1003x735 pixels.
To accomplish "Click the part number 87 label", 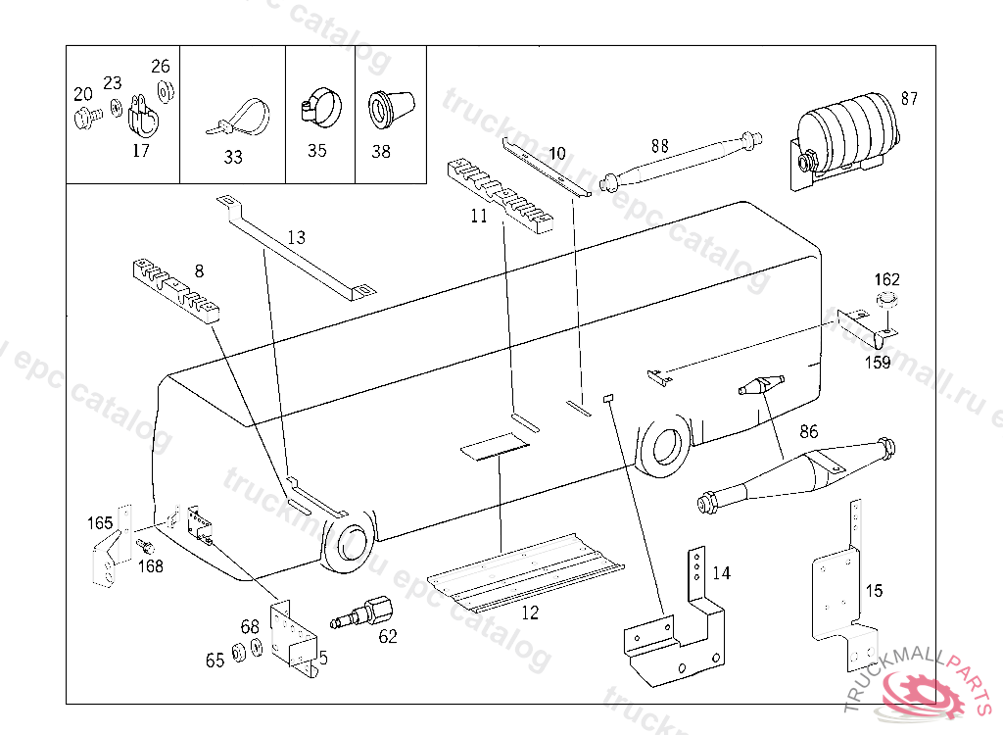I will click(x=910, y=98).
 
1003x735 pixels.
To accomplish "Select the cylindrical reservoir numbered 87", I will click(x=847, y=132).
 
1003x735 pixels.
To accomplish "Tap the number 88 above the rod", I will click(x=660, y=145).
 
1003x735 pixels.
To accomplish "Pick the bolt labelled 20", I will click(x=83, y=118).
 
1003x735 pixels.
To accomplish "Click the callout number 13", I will click(x=296, y=237).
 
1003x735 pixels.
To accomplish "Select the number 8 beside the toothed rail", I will click(x=199, y=270).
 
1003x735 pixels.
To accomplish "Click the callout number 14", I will click(x=721, y=573).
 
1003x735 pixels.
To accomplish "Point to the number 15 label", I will click(x=874, y=591).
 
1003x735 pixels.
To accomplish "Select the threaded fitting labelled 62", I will click(x=367, y=616).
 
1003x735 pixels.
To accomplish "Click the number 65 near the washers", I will click(x=215, y=661).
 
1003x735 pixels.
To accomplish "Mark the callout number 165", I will click(x=100, y=521).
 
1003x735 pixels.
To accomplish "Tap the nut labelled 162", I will click(x=886, y=302).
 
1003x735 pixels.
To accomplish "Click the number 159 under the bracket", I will click(x=877, y=363).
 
